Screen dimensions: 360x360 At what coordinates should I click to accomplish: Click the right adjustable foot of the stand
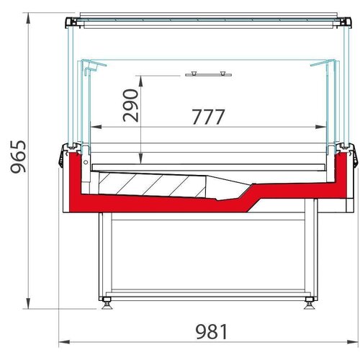(310, 300)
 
